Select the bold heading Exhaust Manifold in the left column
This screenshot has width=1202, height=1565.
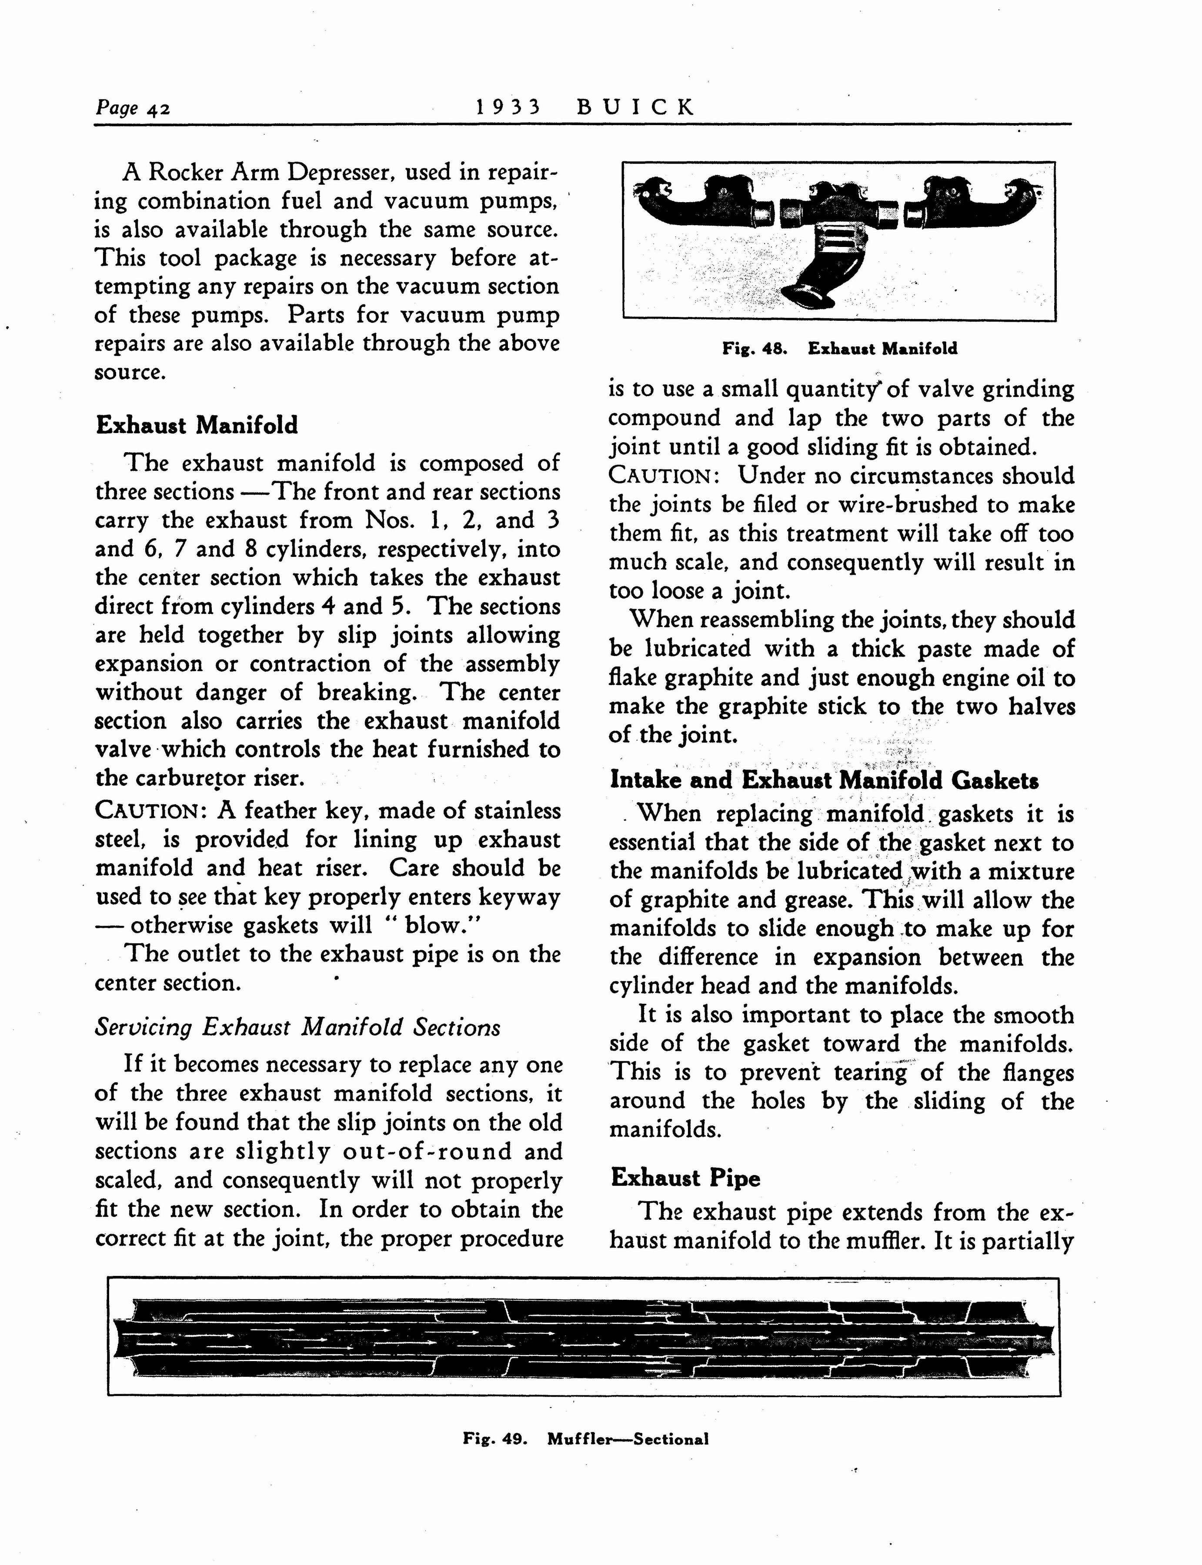coord(197,426)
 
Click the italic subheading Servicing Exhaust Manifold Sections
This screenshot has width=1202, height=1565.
coord(297,1028)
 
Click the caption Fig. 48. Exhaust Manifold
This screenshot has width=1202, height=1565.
coord(839,349)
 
